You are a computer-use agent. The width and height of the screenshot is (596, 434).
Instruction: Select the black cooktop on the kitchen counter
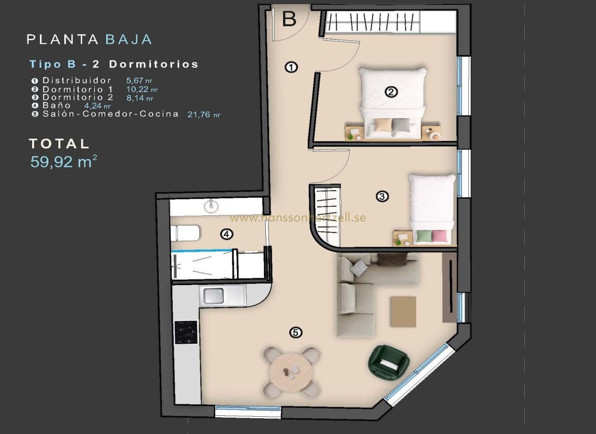186,333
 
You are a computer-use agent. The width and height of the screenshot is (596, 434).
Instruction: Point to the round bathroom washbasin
211,206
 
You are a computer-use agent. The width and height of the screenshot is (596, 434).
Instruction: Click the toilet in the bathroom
185,233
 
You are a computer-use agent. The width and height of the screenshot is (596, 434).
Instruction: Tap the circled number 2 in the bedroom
392,92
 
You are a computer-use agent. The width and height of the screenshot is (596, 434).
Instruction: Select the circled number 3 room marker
382,196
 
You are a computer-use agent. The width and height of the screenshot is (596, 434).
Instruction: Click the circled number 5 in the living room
296,333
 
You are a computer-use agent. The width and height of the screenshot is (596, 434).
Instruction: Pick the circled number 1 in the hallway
291,67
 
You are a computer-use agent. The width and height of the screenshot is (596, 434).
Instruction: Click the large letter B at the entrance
289,19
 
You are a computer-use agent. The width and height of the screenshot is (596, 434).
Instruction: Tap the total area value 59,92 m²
64,161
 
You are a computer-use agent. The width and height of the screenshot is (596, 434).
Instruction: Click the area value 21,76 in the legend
199,114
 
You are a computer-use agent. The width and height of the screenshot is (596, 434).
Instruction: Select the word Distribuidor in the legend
77,80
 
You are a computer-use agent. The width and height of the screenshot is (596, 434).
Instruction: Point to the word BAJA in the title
129,40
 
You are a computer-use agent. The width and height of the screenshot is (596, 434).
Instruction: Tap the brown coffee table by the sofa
403,312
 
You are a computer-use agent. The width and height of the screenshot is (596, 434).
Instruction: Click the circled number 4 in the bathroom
227,234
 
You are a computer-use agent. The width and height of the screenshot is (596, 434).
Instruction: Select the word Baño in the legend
56,106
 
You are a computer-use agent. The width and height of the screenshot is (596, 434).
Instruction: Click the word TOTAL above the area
59,144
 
